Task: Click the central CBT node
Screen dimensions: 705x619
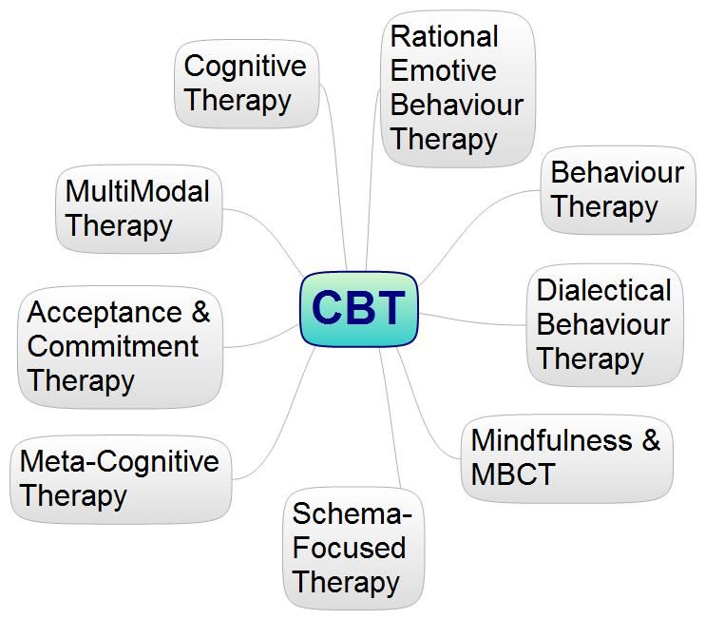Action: click(x=359, y=309)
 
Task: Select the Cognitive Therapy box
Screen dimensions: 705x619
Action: click(x=246, y=84)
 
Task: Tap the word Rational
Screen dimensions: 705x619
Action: click(x=445, y=36)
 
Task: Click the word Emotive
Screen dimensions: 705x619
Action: click(x=444, y=70)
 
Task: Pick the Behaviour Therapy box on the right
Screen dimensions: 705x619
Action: click(x=618, y=190)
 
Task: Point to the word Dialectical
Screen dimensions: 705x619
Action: click(x=604, y=290)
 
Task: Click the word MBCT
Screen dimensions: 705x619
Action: click(x=513, y=474)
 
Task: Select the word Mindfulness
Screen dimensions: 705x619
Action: click(x=552, y=440)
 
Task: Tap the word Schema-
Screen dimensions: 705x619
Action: click(x=352, y=513)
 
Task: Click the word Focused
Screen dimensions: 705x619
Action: click(x=349, y=548)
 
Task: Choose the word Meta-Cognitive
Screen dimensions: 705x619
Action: click(x=120, y=461)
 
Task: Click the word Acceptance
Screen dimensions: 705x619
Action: click(x=105, y=312)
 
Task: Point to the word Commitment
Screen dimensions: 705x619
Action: click(x=112, y=346)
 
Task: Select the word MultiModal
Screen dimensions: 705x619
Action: click(x=138, y=191)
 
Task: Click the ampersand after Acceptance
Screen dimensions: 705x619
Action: click(x=200, y=312)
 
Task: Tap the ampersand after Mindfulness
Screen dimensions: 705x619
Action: click(x=651, y=439)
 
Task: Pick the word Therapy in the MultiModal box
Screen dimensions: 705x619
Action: click(x=119, y=226)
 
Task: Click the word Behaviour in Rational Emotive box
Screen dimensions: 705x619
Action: click(x=457, y=105)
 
